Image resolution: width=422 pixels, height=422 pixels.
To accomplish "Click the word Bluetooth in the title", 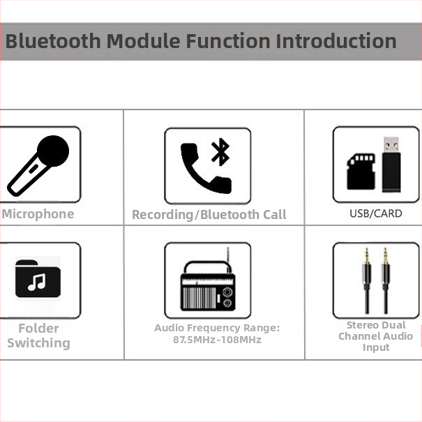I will tap(53, 40).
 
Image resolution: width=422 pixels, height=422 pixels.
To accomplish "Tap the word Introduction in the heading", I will tap(336, 40).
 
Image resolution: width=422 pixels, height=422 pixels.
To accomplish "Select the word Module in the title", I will tap(143, 40).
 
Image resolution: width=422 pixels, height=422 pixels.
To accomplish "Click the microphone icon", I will tap(38, 165).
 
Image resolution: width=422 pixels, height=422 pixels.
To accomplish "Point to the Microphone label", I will tap(38, 214).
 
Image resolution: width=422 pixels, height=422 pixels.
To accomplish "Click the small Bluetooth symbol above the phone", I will tap(221, 151).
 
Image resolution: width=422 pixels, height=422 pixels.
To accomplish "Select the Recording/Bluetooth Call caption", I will tap(209, 215).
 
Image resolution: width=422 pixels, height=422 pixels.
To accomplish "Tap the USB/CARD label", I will tap(376, 213).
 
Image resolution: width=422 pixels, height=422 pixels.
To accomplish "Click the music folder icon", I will tap(38, 279).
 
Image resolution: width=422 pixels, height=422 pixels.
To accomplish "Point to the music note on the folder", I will tap(36, 282).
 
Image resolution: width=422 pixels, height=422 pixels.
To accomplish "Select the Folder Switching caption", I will tap(38, 336).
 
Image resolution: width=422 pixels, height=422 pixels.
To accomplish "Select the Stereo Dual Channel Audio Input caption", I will tap(376, 336).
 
